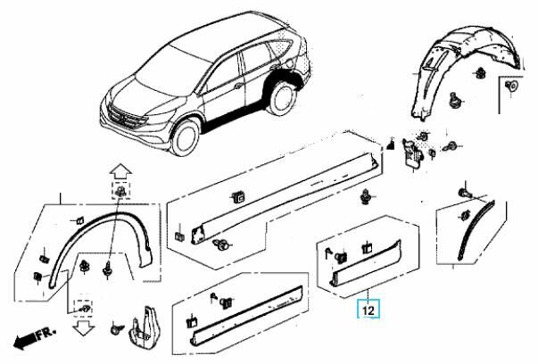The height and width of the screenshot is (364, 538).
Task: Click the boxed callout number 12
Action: pyautogui.click(x=367, y=311)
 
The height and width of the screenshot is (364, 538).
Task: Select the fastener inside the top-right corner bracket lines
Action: pyautogui.click(x=510, y=87)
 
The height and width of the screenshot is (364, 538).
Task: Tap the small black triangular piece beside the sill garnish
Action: pyautogui.click(x=391, y=145)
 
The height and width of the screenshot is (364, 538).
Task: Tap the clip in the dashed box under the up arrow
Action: pyautogui.click(x=118, y=192)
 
